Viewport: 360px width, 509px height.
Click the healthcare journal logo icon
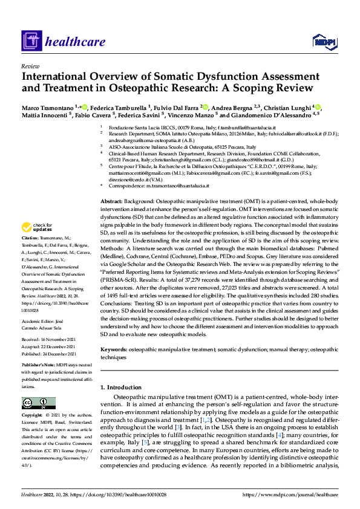click(30, 41)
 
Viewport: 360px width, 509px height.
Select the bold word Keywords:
click(114, 349)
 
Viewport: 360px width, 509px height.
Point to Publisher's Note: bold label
click(41, 366)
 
